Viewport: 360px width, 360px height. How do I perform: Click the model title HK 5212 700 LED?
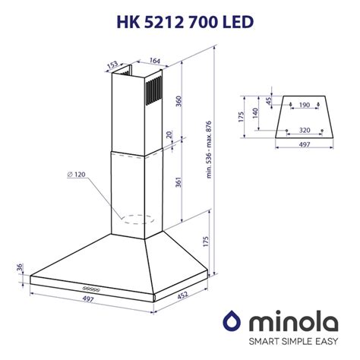(185, 22)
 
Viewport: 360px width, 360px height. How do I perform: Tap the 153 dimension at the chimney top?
(112, 65)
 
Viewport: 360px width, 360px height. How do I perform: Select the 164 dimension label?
(155, 61)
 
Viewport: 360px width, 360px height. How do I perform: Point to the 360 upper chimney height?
(178, 101)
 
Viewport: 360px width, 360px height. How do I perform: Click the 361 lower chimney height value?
(178, 182)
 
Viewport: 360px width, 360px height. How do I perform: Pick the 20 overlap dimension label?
(169, 134)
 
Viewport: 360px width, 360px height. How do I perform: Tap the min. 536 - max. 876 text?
(209, 150)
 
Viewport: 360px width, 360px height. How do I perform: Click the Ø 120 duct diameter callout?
(76, 175)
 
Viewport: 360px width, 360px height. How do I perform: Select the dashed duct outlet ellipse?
(137, 219)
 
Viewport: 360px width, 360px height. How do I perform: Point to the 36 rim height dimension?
(20, 267)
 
